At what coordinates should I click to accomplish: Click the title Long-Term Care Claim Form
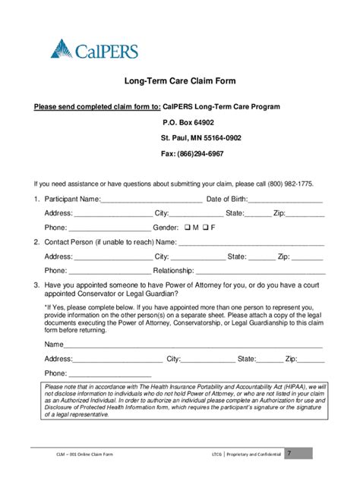pos(179,81)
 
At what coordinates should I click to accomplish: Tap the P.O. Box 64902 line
pos(188,122)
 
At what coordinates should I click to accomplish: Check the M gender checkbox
pos(186,228)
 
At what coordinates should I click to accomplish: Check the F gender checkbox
pos(205,228)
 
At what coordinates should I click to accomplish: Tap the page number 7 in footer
pos(289,453)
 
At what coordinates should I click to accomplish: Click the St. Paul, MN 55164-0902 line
pos(201,138)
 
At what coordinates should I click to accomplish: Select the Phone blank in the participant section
pos(110,228)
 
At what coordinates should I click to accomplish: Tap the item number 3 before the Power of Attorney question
pos(36,285)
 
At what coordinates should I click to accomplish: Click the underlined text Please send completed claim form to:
pos(97,107)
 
